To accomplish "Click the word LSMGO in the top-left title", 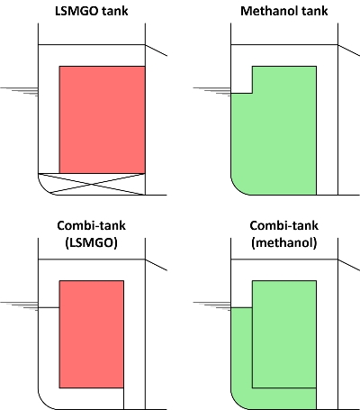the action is pyautogui.click(x=76, y=11).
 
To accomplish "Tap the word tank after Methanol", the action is pyautogui.click(x=314, y=11).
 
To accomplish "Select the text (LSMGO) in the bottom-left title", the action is pyautogui.click(x=91, y=242).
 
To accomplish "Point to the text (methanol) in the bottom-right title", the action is pyautogui.click(x=284, y=242).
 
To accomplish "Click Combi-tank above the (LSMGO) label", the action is pyautogui.click(x=91, y=225).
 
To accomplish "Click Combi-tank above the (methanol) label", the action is pyautogui.click(x=283, y=225).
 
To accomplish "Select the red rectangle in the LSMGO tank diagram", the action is pyautogui.click(x=103, y=120).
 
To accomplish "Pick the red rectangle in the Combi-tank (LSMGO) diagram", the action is pyautogui.click(x=92, y=334).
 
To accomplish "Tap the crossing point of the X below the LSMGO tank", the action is pyautogui.click(x=92, y=184).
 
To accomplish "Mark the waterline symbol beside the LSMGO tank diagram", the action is pyautogui.click(x=19, y=92).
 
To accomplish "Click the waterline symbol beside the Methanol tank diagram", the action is pyautogui.click(x=211, y=92).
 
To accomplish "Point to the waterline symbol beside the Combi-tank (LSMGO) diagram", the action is pyautogui.click(x=19, y=306).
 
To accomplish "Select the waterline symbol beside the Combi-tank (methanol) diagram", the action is pyautogui.click(x=211, y=306).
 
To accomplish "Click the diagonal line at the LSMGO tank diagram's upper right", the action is pyautogui.click(x=156, y=50).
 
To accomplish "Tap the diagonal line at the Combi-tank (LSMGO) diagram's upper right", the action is pyautogui.click(x=156, y=265).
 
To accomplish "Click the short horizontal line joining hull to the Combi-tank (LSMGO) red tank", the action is pyautogui.click(x=49, y=307).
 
